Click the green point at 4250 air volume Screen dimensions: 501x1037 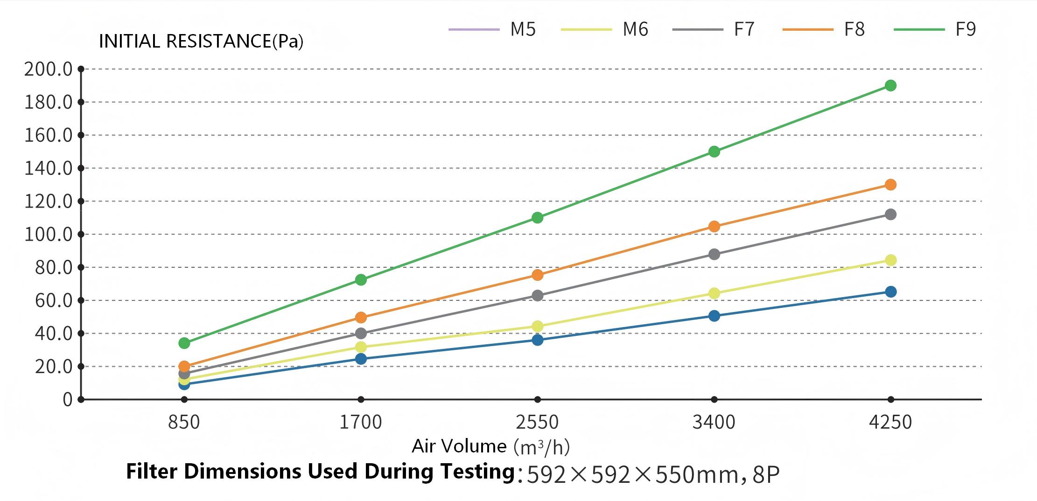(890, 85)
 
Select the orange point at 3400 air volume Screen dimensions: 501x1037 (714, 227)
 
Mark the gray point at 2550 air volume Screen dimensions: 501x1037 (538, 296)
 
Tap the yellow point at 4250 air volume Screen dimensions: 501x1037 (890, 260)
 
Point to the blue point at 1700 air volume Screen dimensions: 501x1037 (361, 359)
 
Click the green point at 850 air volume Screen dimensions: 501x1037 (184, 343)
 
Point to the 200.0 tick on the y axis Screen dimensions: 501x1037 (49, 70)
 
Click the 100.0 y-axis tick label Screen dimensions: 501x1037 (49, 234)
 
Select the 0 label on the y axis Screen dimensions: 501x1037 (68, 400)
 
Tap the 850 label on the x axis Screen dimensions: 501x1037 (184, 422)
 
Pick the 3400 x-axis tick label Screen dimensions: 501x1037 (714, 422)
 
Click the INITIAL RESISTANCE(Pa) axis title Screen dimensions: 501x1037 (201, 42)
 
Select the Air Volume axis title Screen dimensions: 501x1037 (490, 446)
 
